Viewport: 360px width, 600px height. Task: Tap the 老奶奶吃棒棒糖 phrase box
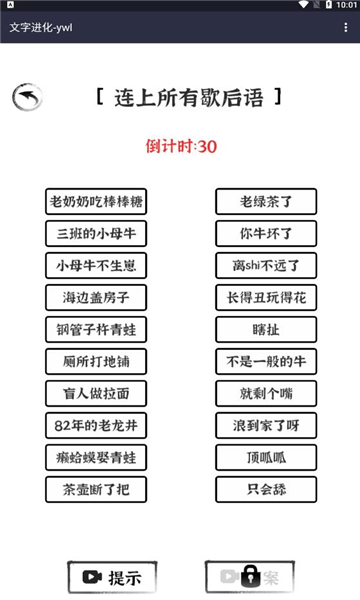point(96,201)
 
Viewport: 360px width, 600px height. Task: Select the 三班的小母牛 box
point(96,234)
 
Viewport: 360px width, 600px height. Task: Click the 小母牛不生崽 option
point(96,266)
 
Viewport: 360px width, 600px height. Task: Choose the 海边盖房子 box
point(96,298)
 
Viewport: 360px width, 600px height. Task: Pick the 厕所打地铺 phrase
point(96,361)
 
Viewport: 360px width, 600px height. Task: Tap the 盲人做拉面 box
point(96,393)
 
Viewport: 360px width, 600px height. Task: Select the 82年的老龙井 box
point(96,425)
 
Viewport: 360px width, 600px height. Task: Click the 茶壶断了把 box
point(96,490)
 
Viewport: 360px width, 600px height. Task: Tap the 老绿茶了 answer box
point(266,201)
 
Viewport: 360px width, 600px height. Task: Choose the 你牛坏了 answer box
point(266,234)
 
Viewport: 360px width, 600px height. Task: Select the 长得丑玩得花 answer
point(266,298)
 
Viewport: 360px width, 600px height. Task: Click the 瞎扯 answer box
point(266,329)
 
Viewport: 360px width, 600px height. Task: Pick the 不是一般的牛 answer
point(266,361)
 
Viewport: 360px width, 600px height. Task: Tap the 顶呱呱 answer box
point(266,457)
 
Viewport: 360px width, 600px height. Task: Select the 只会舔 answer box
point(266,490)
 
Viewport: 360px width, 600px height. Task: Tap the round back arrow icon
point(27,97)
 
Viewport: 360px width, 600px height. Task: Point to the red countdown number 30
point(208,147)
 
